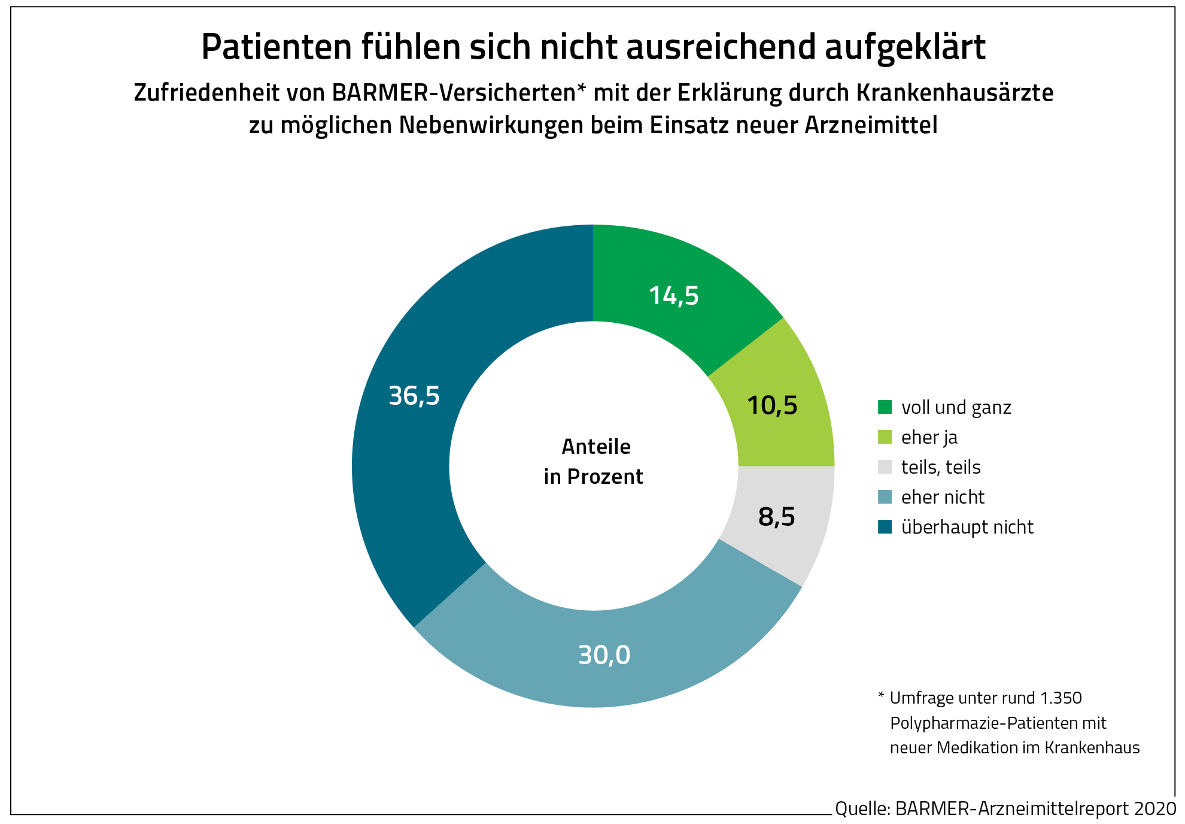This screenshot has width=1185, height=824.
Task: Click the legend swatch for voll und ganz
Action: click(885, 407)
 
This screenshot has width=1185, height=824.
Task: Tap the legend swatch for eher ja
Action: click(885, 437)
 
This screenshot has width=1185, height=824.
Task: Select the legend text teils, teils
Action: click(941, 467)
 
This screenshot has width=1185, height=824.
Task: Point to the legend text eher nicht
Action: click(943, 497)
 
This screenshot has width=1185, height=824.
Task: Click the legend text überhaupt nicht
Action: click(967, 527)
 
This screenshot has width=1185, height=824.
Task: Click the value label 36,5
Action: click(414, 396)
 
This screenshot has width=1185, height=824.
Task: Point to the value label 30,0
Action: click(604, 655)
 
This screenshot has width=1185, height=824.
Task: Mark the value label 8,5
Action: click(776, 517)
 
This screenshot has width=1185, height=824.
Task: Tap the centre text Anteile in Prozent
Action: click(594, 462)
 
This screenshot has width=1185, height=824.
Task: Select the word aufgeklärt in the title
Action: click(905, 47)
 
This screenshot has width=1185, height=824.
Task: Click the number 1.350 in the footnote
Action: click(1061, 698)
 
